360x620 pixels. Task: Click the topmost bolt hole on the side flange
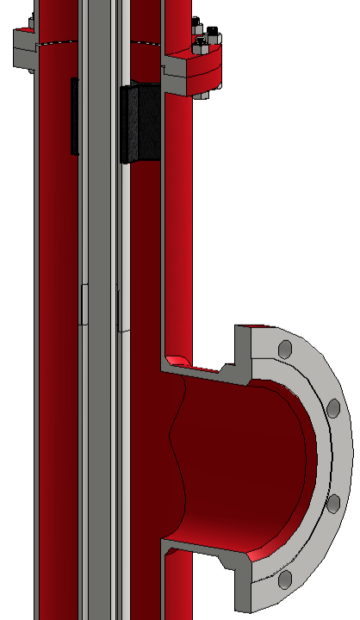[x=284, y=349]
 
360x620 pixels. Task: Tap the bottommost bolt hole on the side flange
[x=284, y=581]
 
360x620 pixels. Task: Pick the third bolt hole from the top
[x=332, y=503]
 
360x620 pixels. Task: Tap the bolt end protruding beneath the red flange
[x=203, y=93]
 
